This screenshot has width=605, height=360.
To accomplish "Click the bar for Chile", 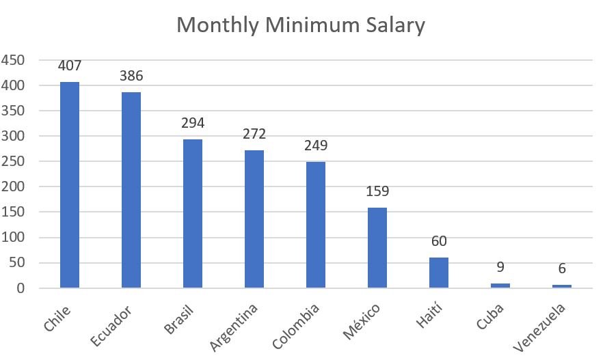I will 70,185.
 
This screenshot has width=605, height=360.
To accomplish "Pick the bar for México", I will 377,248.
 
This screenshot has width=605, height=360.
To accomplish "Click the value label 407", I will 70,66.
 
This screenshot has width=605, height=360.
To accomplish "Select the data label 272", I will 254,134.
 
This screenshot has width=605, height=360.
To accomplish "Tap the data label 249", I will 316,146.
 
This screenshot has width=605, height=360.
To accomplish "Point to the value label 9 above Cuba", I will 500,267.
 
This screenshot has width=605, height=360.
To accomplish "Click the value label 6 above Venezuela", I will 562,269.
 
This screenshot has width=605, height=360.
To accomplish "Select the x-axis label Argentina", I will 235,327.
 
